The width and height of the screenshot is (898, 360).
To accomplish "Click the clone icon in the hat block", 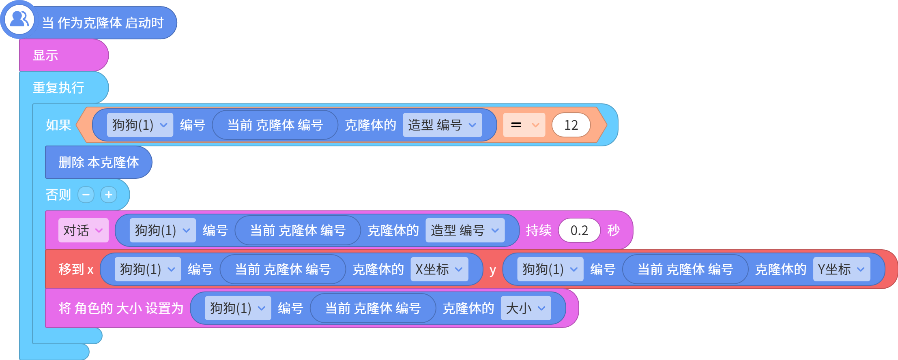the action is tap(19, 19).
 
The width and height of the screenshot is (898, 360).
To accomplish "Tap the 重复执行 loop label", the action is tap(58, 88).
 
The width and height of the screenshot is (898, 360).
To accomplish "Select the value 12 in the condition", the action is tap(571, 125).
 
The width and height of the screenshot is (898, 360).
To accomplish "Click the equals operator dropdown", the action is tap(524, 125).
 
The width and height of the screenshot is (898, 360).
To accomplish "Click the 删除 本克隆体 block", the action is tap(99, 162).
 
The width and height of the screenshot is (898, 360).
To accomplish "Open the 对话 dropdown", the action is tap(83, 230).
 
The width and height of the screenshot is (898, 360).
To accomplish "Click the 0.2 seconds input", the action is tap(579, 230).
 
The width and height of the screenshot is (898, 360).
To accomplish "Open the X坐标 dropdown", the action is tap(439, 269).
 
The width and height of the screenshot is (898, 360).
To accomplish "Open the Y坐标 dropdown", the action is tap(842, 269).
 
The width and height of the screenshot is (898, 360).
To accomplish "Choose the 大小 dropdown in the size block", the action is tap(526, 308).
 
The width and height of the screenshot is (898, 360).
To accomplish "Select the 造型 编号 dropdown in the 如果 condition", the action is tap(442, 125).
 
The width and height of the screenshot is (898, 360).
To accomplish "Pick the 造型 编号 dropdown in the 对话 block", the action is tap(465, 230).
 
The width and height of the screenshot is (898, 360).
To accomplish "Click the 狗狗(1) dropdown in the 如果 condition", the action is tap(140, 125).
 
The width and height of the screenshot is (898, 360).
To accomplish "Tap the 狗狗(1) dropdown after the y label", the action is tap(550, 269).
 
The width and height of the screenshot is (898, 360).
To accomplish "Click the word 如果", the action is tap(58, 125).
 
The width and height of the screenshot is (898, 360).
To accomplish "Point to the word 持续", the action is tap(539, 230).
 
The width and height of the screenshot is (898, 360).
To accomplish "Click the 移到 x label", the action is tap(76, 269).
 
